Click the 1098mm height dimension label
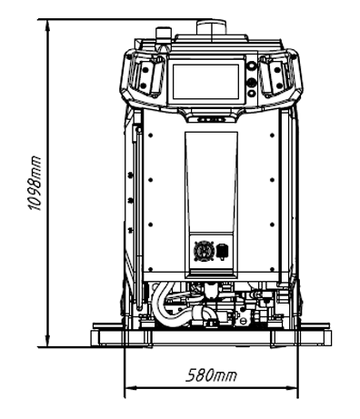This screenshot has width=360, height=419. click(34, 183)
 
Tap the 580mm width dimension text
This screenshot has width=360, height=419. click(211, 375)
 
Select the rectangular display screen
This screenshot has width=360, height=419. click(205, 82)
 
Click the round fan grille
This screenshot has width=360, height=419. click(204, 250)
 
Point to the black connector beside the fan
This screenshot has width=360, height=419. click(223, 252)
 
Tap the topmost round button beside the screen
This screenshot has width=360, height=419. click(251, 65)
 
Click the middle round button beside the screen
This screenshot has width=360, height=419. click(251, 82)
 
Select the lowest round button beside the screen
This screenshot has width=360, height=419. click(251, 94)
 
